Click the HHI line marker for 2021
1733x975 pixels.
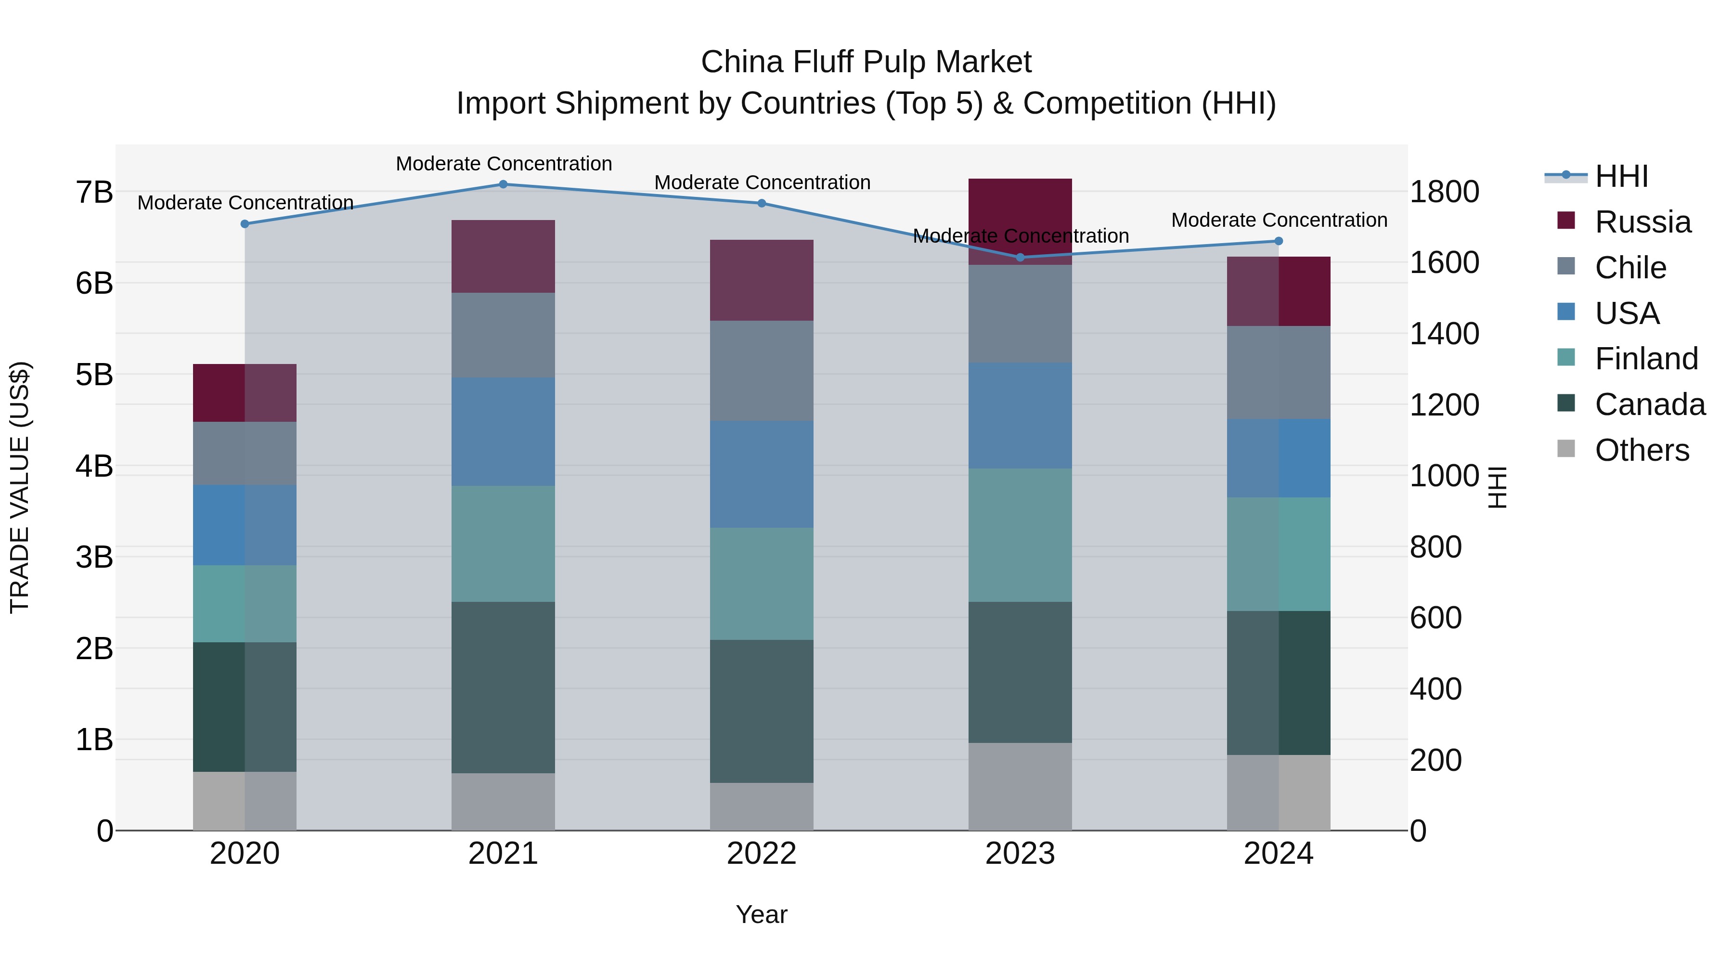503,184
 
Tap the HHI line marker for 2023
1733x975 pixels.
1020,257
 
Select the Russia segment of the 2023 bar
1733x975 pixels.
1020,215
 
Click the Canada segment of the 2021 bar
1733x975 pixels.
503,687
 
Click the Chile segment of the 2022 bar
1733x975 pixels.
762,371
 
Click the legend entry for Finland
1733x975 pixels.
1645,359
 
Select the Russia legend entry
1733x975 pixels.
1642,222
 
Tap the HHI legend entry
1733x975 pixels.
1621,176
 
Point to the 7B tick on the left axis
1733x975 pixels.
94,193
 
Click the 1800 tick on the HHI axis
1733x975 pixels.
1444,192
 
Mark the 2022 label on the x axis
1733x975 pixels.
762,854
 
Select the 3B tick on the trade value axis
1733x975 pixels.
94,557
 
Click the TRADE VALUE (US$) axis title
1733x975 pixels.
20,487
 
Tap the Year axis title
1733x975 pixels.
762,914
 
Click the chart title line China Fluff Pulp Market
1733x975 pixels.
866,62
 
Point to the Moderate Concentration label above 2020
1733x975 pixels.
246,203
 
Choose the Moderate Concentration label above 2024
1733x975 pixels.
1279,220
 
